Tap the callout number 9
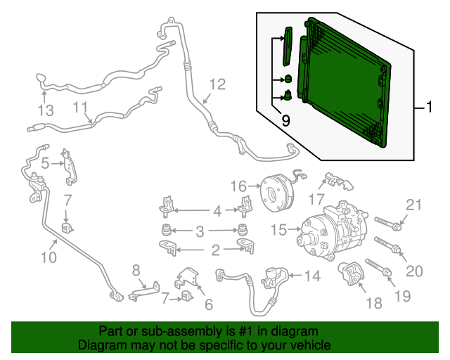[285, 121]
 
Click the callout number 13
[46, 110]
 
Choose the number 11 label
[81, 108]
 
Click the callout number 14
[311, 276]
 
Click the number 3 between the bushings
[200, 230]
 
